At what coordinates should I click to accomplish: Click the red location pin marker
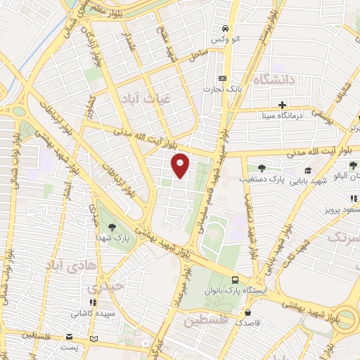[181, 166]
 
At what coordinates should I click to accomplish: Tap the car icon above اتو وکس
[224, 28]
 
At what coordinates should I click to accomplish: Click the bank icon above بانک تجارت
[223, 78]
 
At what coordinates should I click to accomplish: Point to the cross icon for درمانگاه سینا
[281, 105]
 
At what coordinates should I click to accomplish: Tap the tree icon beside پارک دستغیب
[262, 168]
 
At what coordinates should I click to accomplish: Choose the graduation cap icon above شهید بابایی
[307, 170]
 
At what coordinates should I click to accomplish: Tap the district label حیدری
[103, 287]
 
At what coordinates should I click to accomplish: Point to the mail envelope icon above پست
[69, 336]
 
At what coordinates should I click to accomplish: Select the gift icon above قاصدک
[247, 311]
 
